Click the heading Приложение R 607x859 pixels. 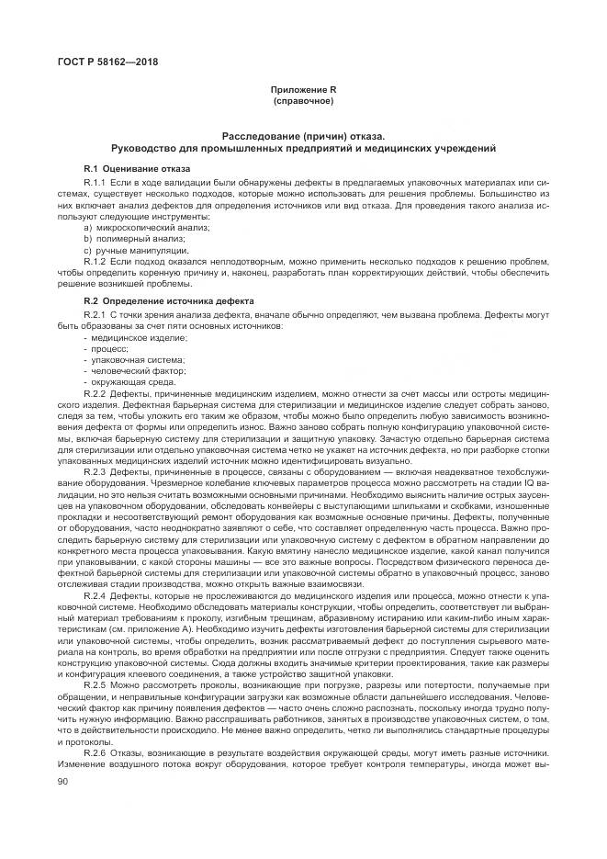pyautogui.click(x=302, y=88)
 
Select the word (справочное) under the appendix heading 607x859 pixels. pyautogui.click(x=302, y=98)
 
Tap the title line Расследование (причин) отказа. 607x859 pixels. pyautogui.click(x=302, y=135)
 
